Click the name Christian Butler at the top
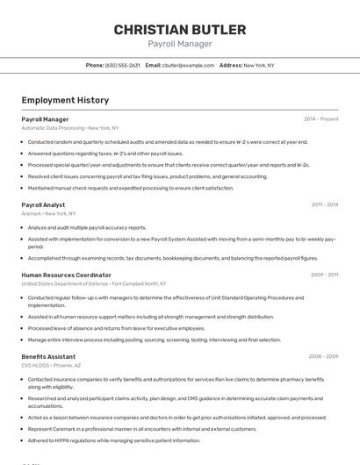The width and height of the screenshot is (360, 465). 179,30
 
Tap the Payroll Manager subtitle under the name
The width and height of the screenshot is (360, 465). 179,44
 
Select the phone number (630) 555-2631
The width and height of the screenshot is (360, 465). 122,65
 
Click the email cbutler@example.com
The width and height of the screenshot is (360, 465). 188,65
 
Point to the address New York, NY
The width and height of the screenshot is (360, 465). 258,65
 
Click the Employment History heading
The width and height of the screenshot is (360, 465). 65,100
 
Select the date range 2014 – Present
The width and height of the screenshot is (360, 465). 320,119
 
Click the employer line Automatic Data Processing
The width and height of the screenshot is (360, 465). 70,128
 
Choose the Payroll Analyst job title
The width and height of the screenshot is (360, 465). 43,204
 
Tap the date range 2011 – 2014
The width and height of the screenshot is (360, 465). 324,204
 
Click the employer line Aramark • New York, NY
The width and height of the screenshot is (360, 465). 48,213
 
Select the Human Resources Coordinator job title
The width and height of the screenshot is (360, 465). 67,275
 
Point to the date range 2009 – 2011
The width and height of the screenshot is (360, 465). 324,275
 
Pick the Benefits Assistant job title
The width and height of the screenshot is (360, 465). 48,356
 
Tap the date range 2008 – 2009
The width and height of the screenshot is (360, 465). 323,356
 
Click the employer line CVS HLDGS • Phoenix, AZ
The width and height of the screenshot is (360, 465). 52,365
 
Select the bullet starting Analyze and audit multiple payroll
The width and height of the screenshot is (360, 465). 87,227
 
